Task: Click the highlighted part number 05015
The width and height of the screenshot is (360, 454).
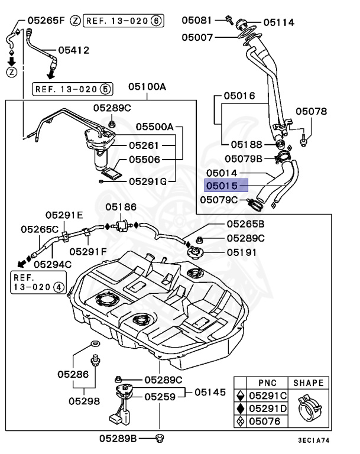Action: pyautogui.click(x=221, y=186)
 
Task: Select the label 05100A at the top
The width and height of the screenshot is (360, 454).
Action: pyautogui.click(x=147, y=87)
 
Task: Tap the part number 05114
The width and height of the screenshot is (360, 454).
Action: pyautogui.click(x=278, y=22)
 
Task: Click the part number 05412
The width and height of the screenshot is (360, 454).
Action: pyautogui.click(x=73, y=50)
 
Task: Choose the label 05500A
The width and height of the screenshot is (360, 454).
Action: pyautogui.click(x=154, y=127)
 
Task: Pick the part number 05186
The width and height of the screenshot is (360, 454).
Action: pyautogui.click(x=121, y=207)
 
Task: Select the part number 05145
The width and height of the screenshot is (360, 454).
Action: pyautogui.click(x=210, y=392)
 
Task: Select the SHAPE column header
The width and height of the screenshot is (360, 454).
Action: pyautogui.click(x=308, y=383)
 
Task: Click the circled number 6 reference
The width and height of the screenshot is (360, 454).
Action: pyautogui.click(x=156, y=21)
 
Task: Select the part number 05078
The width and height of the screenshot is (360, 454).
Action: pyautogui.click(x=311, y=111)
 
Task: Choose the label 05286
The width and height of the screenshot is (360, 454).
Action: pyautogui.click(x=73, y=374)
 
